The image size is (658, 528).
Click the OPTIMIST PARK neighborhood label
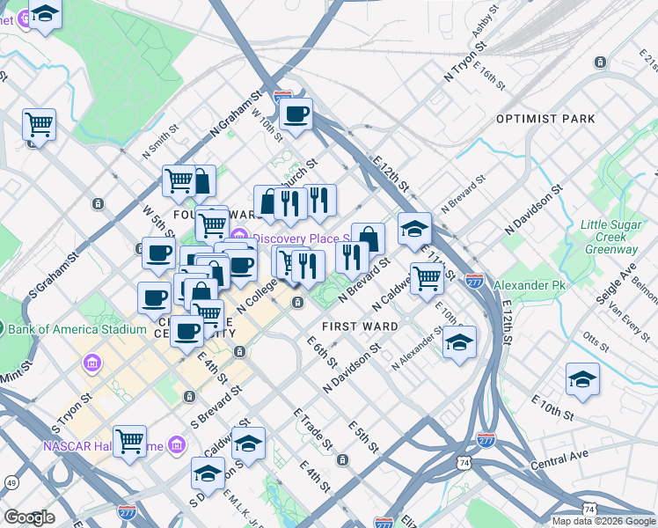coord(545,119)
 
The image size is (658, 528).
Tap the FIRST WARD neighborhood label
coord(361,326)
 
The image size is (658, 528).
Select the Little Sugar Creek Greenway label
coord(609,237)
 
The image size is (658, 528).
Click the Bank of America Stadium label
coord(76,329)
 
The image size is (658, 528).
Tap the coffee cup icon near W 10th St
coord(296,114)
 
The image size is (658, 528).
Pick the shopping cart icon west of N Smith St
coord(39,124)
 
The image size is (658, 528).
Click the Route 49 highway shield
coord(11,482)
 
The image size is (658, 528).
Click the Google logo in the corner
coord(29,517)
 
